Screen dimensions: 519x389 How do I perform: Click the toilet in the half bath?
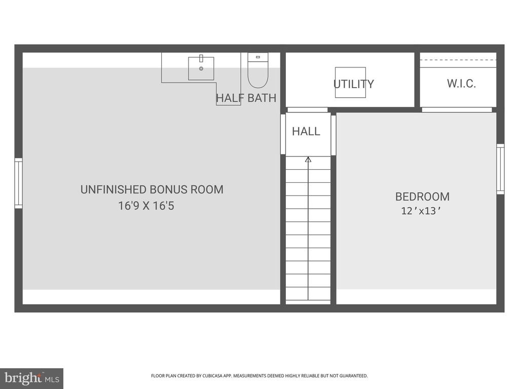coord(258,70)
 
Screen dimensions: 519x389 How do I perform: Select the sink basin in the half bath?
coord(201,68)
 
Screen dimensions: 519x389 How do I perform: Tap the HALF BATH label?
coord(246,98)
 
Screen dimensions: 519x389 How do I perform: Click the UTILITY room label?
coord(353,84)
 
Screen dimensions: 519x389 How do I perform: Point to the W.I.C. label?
coord(461,84)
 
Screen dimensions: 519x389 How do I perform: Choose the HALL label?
coord(306,131)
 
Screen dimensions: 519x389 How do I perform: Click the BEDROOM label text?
coord(422,197)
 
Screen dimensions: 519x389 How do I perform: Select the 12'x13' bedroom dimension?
coord(421,211)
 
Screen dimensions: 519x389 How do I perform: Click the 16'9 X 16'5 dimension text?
coord(146,206)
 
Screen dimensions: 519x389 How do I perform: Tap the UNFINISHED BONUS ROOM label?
coord(152,189)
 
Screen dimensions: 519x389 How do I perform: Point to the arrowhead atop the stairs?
coord(308,160)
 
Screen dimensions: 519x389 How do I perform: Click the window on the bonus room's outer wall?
coord(19,183)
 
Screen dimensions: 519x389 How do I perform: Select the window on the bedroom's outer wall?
coord(500,169)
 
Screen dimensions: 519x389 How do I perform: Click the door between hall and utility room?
coord(308,110)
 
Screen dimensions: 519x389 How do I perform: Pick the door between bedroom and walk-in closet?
coord(457,110)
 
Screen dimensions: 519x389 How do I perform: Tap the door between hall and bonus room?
coord(283,134)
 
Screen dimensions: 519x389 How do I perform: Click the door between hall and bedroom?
coord(333,135)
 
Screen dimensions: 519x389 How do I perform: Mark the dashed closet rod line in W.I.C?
coord(458,60)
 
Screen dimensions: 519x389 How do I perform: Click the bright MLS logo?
coord(32,378)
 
